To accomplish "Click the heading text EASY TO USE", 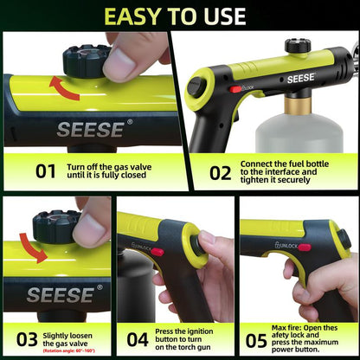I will [180, 16].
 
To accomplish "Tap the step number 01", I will [45, 170].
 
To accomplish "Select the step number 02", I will [221, 170].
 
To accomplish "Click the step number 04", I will [138, 339].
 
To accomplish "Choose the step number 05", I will [255, 339].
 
